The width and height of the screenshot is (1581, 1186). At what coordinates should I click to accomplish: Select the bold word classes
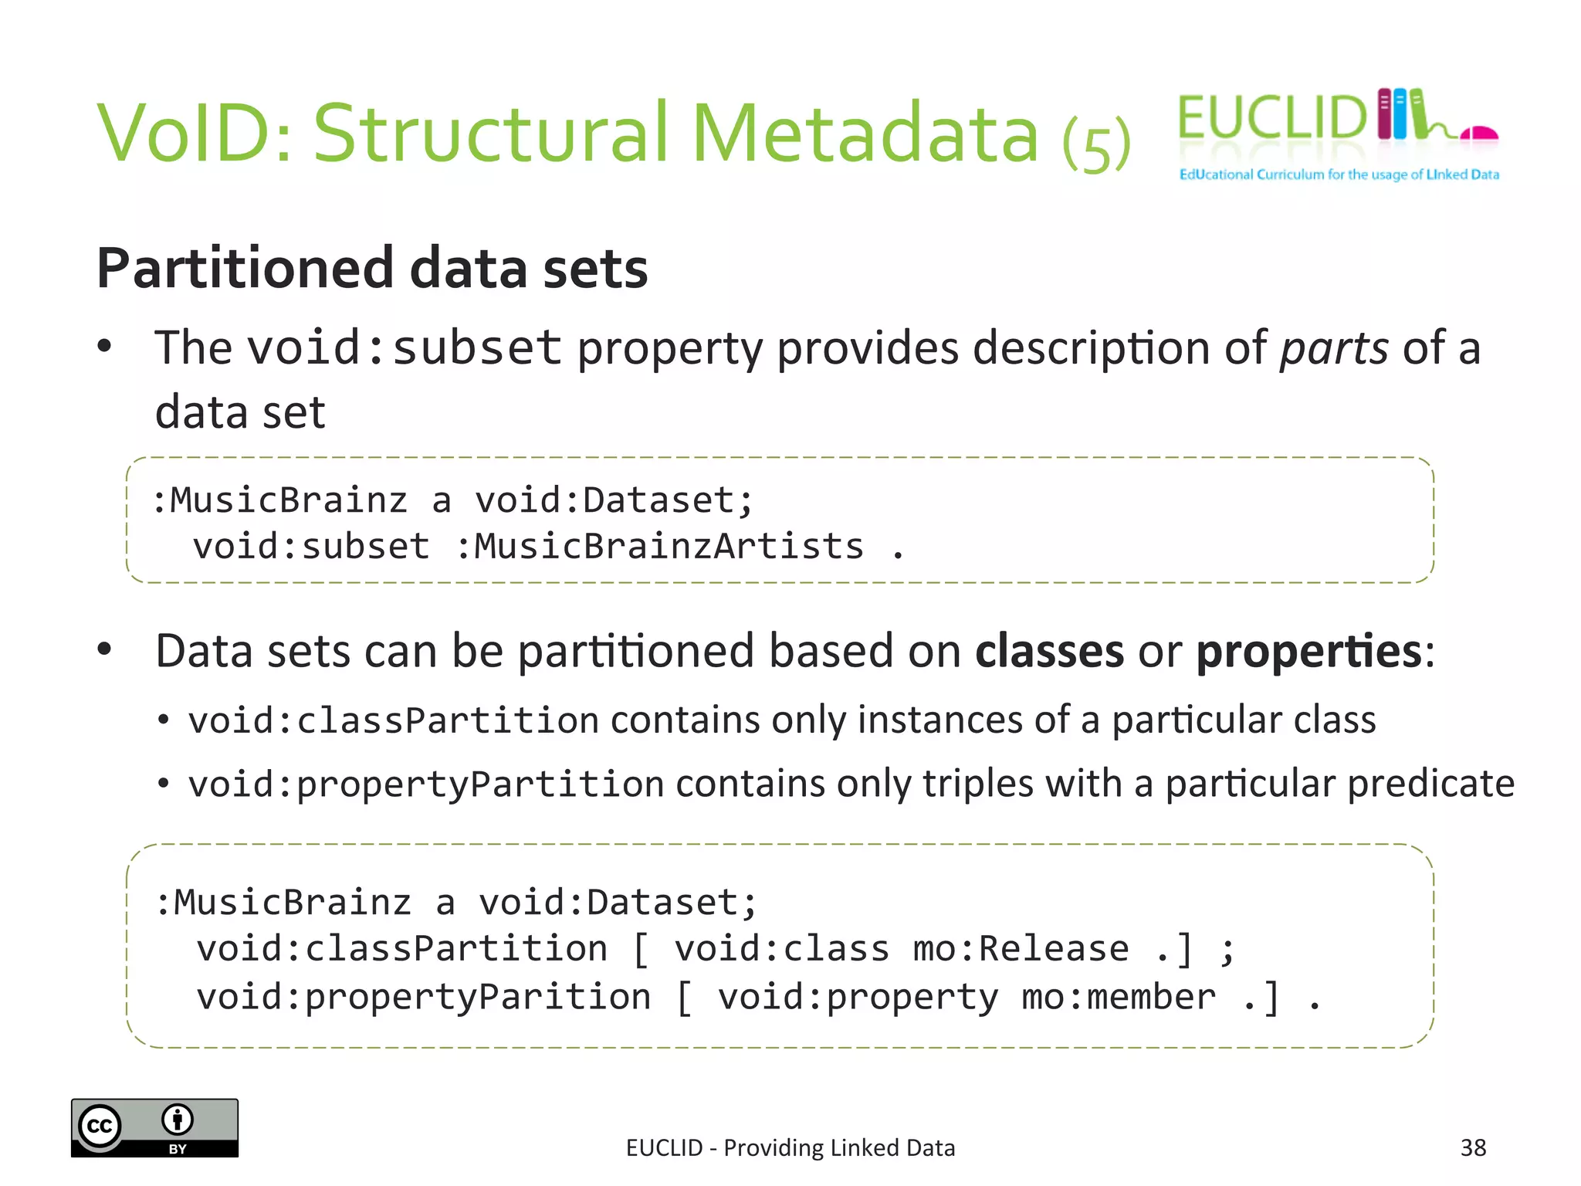[1049, 651]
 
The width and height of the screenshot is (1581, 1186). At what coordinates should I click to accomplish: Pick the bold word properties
[1308, 651]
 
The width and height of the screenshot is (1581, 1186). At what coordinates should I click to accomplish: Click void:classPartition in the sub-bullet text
[394, 720]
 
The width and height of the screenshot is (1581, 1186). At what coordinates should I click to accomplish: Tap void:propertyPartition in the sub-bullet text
[426, 784]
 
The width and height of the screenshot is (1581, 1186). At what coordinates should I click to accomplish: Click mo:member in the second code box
[1118, 997]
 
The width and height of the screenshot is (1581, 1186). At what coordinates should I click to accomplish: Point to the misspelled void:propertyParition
[423, 997]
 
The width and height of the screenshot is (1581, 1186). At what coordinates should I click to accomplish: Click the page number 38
[1473, 1147]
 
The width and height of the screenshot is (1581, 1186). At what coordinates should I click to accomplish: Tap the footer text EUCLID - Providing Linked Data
[790, 1148]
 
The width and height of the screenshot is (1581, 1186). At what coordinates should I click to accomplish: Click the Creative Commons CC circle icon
[100, 1127]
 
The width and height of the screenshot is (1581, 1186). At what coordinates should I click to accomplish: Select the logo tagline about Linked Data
[1339, 175]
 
